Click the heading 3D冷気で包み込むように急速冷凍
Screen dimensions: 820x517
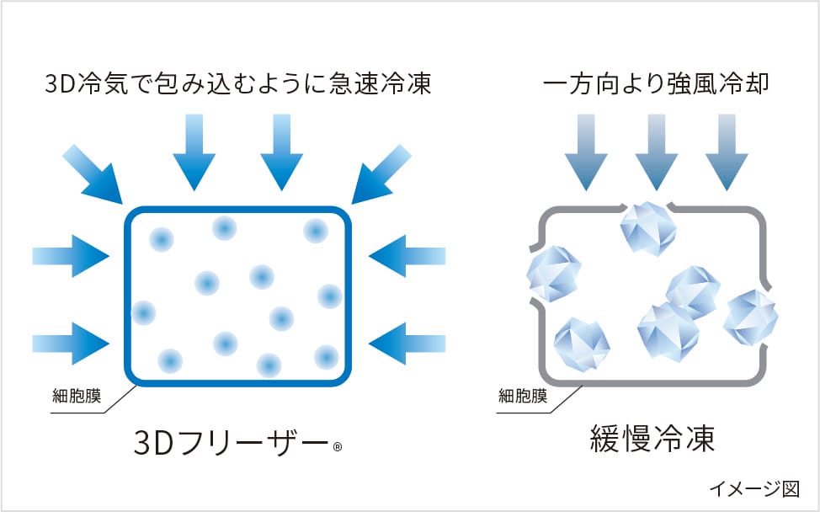pyautogui.click(x=238, y=83)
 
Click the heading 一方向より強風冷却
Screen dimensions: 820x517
pyautogui.click(x=656, y=83)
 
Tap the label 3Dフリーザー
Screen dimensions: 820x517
pyautogui.click(x=232, y=443)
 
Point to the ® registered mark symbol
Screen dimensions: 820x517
pyautogui.click(x=338, y=447)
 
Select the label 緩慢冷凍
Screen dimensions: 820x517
pyautogui.click(x=652, y=438)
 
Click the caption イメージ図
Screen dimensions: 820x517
pyautogui.click(x=754, y=489)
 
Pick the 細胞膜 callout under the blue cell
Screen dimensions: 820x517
pyautogui.click(x=77, y=396)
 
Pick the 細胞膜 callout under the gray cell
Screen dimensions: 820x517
pyautogui.click(x=523, y=396)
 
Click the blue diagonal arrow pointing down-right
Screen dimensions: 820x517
pyautogui.click(x=93, y=173)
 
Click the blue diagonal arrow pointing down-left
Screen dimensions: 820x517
pyautogui.click(x=381, y=173)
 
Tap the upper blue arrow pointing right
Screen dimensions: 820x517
pyautogui.click(x=71, y=256)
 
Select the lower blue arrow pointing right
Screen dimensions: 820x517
pyautogui.click(x=71, y=344)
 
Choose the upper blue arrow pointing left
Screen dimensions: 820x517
pyautogui.click(x=407, y=256)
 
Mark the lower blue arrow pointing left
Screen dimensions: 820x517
pyautogui.click(x=407, y=344)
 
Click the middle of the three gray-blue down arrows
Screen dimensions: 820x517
pyautogui.click(x=657, y=152)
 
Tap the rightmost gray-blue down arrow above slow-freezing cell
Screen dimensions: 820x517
pyautogui.click(x=727, y=152)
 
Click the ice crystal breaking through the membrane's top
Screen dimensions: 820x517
pyautogui.click(x=648, y=229)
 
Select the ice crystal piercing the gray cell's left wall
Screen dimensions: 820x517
pyautogui.click(x=554, y=273)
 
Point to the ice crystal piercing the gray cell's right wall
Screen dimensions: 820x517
pyautogui.click(x=750, y=317)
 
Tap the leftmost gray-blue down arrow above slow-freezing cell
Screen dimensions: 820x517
pyautogui.click(x=586, y=152)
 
